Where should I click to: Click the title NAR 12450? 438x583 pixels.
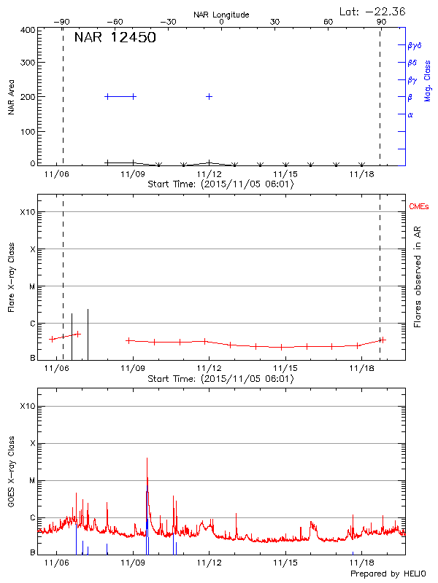(115, 38)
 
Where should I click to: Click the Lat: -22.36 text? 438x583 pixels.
(373, 11)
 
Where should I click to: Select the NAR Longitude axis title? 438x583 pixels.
(221, 15)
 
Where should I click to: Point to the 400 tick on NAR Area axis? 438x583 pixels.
(28, 30)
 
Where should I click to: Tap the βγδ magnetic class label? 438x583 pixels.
(414, 45)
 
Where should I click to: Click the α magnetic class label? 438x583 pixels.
(410, 114)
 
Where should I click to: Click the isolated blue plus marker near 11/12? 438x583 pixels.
(210, 96)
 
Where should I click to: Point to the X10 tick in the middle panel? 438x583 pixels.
(26, 212)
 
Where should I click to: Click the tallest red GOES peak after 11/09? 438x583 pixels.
(147, 459)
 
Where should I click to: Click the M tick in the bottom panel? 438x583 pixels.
(31, 480)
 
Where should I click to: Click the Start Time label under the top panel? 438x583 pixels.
(220, 184)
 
